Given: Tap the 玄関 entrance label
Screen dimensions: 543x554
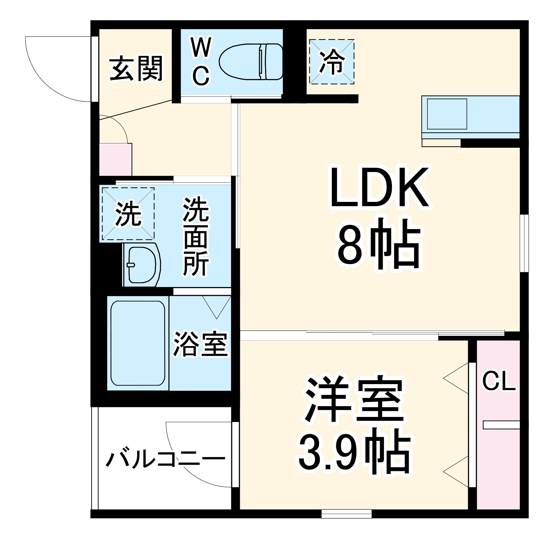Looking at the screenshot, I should tap(136, 68).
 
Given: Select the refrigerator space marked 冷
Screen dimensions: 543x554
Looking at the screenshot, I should tap(332, 62).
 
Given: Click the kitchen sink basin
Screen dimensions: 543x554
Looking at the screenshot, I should tap(447, 114).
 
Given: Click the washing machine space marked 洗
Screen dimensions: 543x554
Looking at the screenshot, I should tap(128, 214).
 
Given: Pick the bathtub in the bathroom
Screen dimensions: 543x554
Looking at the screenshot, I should tap(138, 343).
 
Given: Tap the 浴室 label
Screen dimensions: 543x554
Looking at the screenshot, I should tap(200, 344).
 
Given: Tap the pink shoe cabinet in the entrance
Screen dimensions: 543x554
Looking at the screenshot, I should tap(115, 160).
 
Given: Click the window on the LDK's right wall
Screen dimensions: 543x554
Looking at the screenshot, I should tap(524, 243).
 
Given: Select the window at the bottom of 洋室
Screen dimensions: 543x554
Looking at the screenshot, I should tap(346, 514).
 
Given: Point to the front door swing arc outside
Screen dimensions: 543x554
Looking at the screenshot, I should tap(48, 83).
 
